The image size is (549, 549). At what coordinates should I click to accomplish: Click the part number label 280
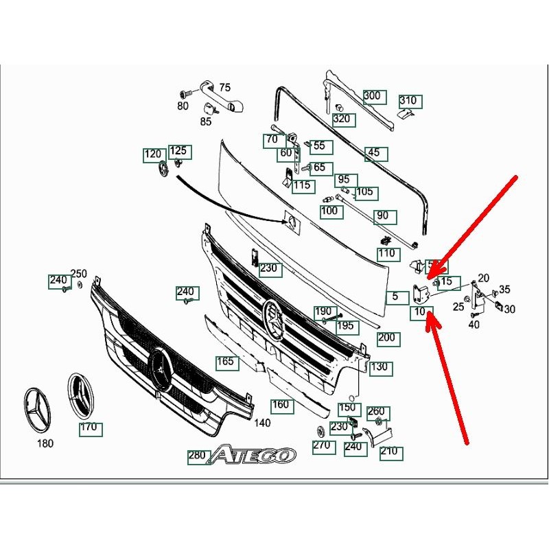coord(197,456)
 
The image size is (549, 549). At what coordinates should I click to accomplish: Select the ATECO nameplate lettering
coord(253,454)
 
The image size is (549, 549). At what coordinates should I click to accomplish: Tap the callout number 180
coord(45,444)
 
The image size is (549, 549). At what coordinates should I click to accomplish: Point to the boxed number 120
coord(152,154)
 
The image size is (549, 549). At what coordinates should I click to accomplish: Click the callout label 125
coord(178,151)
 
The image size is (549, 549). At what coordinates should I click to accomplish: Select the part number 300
coord(372,96)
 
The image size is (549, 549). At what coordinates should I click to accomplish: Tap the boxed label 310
coord(408,102)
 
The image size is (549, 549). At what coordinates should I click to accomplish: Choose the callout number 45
coord(373,153)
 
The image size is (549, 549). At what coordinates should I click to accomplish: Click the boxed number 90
coord(383,217)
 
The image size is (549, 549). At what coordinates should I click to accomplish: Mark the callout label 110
coord(388,254)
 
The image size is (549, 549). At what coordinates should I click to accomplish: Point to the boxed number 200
coord(387,338)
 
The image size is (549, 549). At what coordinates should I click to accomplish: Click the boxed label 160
coord(281,404)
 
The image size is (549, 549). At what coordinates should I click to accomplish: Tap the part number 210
coord(388,452)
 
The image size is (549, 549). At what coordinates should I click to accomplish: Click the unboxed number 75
coord(224,88)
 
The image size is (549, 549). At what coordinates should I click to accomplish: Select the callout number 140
coord(262,423)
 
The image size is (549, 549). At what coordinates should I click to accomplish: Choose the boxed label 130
coord(379,368)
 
